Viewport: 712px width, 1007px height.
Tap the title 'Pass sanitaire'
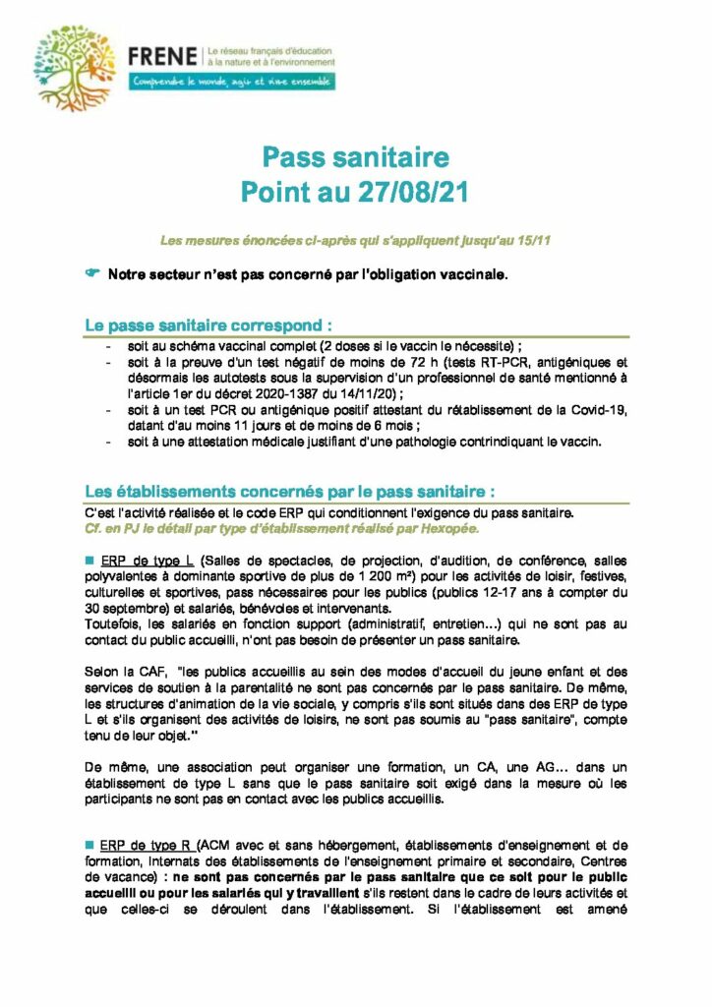click(355, 157)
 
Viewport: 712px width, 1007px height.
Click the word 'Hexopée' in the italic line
click(449, 528)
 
